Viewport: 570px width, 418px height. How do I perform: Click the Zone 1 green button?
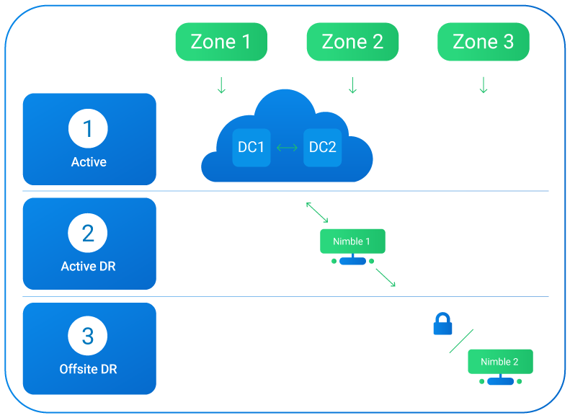click(221, 42)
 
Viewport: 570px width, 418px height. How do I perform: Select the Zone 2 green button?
click(352, 42)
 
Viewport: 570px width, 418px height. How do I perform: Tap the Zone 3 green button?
click(484, 42)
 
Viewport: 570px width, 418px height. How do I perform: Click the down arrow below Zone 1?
click(221, 86)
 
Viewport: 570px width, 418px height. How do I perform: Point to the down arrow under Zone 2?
click(352, 86)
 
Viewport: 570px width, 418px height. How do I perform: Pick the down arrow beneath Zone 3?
click(484, 86)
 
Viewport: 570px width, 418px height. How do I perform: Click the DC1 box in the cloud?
click(251, 148)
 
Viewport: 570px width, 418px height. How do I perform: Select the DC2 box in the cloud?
click(322, 148)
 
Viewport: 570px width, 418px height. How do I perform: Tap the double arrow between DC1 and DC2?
click(287, 148)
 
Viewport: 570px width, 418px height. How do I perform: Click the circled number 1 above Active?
click(88, 129)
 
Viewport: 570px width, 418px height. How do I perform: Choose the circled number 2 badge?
click(88, 234)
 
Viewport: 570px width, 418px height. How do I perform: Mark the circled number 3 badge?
click(88, 337)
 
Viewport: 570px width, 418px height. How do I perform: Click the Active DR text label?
click(88, 267)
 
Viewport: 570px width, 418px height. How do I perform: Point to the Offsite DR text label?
click(88, 370)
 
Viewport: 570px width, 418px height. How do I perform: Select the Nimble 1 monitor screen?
click(352, 241)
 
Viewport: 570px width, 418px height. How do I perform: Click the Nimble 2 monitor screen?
click(500, 362)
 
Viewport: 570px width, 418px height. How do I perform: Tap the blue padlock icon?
click(442, 325)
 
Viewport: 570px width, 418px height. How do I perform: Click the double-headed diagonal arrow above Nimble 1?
click(317, 213)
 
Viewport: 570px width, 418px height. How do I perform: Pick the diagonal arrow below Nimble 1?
click(385, 277)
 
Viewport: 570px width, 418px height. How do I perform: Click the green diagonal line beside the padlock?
click(462, 341)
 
